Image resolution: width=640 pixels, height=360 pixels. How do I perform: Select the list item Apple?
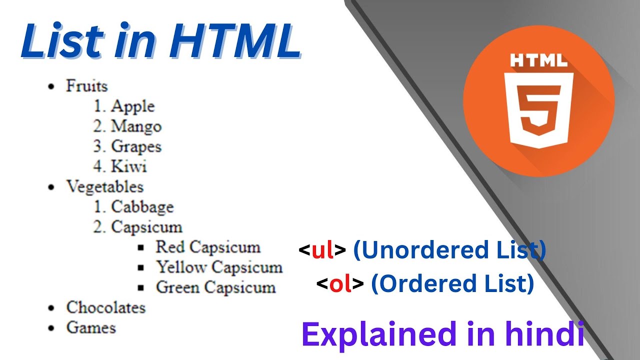[x=132, y=106]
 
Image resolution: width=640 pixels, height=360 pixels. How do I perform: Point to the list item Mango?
[x=136, y=126]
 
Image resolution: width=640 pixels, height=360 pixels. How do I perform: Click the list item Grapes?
[x=136, y=146]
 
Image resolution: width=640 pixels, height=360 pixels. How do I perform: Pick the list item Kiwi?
[x=128, y=166]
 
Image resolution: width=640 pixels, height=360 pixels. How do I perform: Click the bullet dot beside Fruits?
[x=50, y=86]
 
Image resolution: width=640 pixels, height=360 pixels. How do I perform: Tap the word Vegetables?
[x=105, y=186]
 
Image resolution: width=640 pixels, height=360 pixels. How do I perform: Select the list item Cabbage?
[x=142, y=206]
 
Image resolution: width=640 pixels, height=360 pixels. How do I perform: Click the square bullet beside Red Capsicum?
[x=140, y=247]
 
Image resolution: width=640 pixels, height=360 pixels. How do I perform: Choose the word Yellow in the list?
[x=181, y=267]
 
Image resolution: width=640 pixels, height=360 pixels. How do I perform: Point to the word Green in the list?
[x=178, y=287]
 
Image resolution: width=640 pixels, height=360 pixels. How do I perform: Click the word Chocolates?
[x=106, y=307]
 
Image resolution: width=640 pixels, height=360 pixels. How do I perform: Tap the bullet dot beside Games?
[x=50, y=328]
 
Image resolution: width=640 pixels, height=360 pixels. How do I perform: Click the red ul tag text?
[x=322, y=250]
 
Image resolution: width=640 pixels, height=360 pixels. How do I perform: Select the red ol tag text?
[x=340, y=284]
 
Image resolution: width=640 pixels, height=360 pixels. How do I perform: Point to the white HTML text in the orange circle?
[x=538, y=61]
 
